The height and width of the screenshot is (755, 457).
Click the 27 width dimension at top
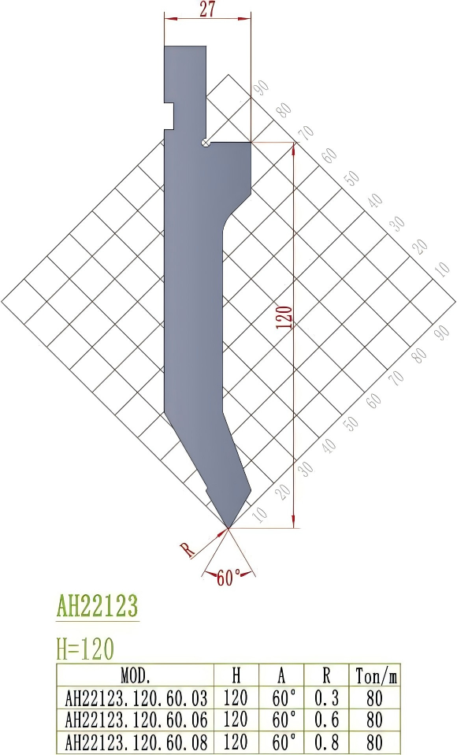(x=206, y=9)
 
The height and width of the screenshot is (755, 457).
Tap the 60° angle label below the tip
(x=228, y=579)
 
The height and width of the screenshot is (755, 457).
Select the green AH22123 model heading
(x=97, y=606)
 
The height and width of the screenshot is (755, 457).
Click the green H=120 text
(x=86, y=649)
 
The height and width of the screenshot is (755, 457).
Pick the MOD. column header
(x=135, y=675)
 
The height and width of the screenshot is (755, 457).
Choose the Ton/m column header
(x=375, y=675)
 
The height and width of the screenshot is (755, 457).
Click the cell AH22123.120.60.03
(x=135, y=697)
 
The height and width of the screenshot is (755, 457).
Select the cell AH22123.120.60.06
(x=135, y=720)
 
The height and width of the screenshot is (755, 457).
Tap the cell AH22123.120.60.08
(x=135, y=742)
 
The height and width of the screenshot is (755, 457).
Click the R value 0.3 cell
(x=326, y=697)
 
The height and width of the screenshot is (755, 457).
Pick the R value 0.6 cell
(x=326, y=720)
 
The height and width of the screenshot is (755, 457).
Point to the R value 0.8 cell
(x=326, y=742)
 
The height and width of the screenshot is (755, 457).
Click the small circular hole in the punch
(x=205, y=143)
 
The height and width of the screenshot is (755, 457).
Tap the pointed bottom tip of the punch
(x=228, y=526)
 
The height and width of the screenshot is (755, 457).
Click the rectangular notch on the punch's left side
(x=169, y=115)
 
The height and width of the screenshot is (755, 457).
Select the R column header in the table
(x=326, y=675)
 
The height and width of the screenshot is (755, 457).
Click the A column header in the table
(x=281, y=675)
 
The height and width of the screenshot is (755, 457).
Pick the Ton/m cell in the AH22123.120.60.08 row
(x=375, y=742)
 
